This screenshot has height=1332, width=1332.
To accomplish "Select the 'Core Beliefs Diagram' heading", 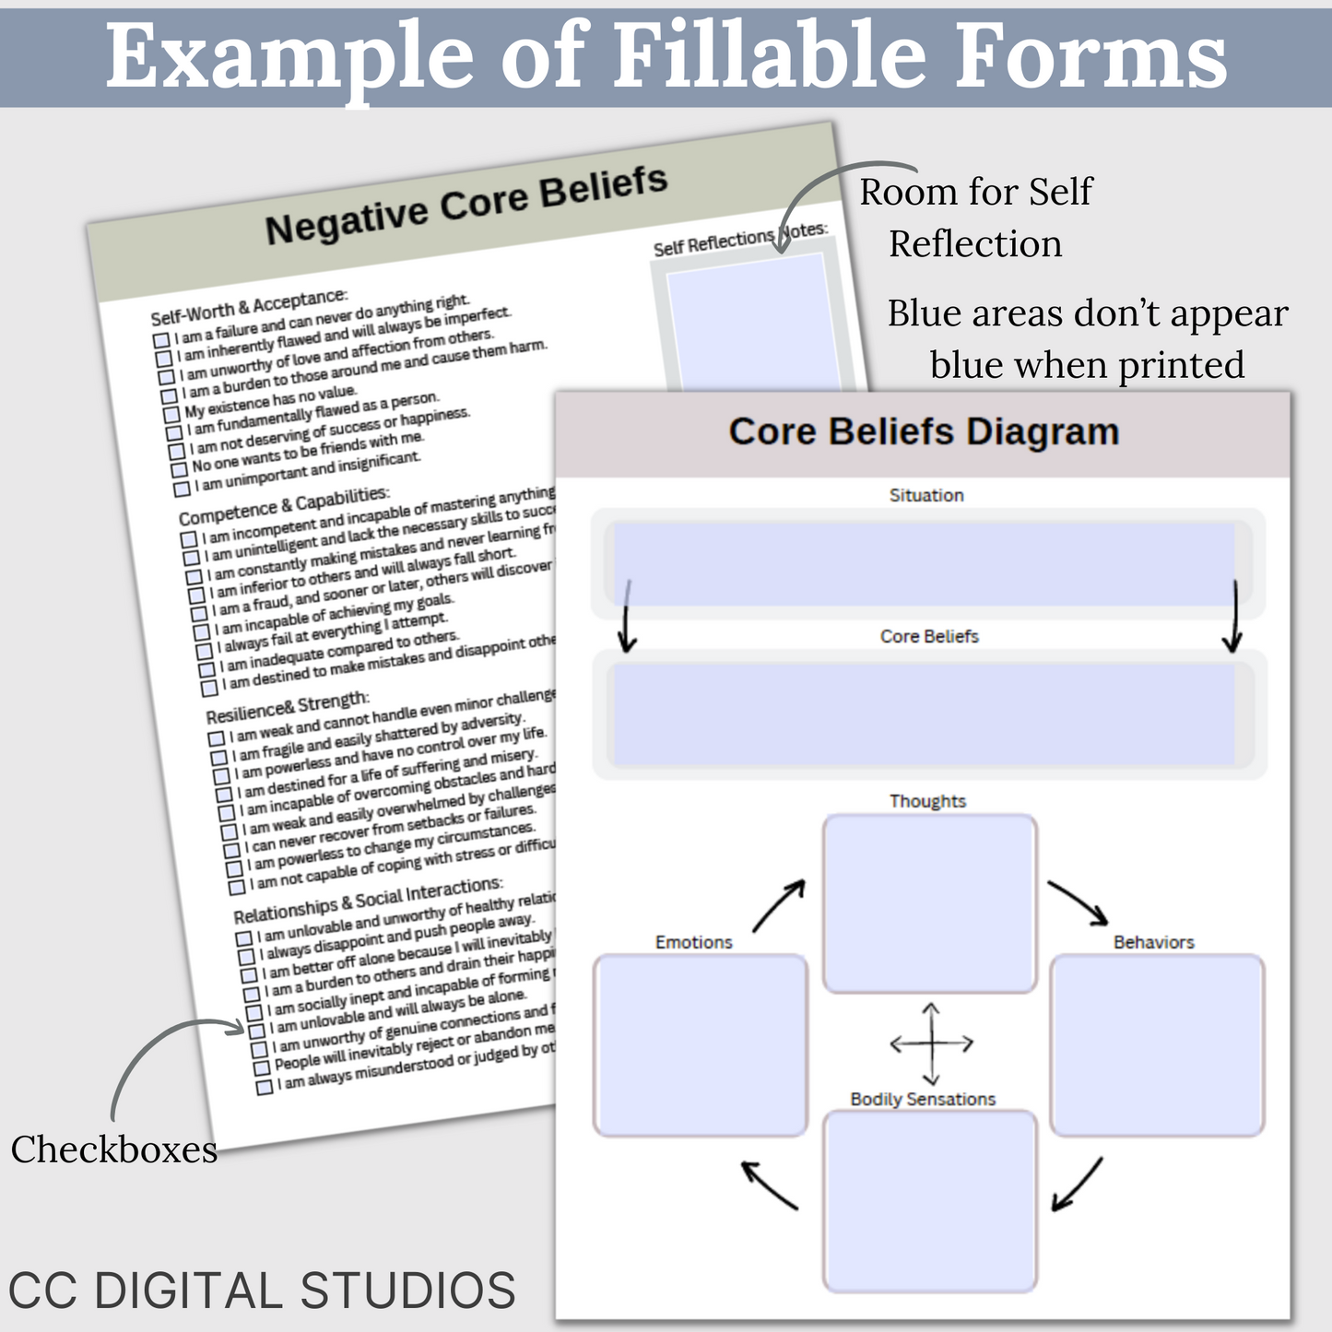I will coord(924,431).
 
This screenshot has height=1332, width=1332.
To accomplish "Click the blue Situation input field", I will coord(924,564).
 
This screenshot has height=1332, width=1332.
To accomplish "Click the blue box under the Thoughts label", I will coord(929,902).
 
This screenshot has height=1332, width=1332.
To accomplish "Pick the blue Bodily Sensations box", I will coord(929,1201).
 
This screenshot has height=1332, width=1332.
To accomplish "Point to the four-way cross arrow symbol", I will coord(931,1043).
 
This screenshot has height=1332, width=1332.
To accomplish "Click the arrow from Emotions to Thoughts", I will coord(779,905).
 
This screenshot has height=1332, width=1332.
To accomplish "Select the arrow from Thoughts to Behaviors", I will coord(1079,902).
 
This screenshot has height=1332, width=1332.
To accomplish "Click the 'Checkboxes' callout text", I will coord(114,1149).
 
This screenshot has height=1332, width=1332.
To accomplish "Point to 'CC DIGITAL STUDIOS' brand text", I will coord(262,1290).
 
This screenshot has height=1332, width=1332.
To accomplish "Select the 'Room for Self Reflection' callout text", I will coord(975,218).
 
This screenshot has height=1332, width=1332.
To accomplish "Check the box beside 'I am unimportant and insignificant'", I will coord(182,488).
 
